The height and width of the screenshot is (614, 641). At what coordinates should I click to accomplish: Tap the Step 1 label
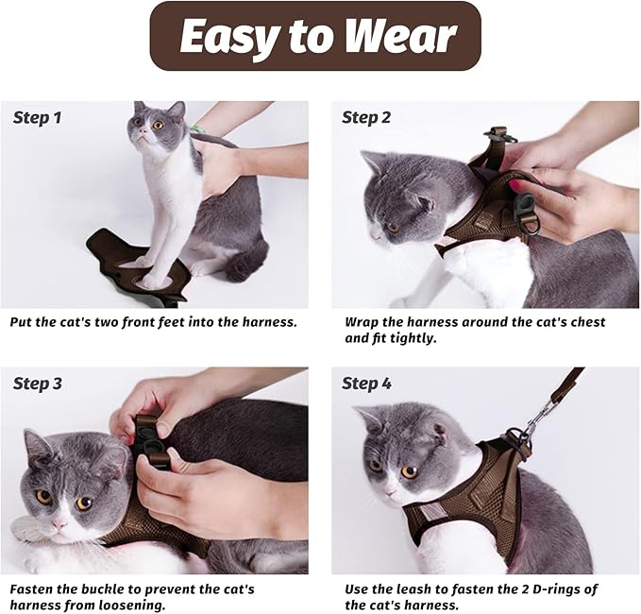coord(38,118)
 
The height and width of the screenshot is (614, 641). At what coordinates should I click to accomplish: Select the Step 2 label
coord(366,118)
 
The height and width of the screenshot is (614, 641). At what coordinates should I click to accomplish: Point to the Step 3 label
coord(38,384)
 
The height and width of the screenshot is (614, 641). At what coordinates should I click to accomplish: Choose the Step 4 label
coord(366,384)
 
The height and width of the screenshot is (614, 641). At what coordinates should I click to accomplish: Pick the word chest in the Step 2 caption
coord(582,322)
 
